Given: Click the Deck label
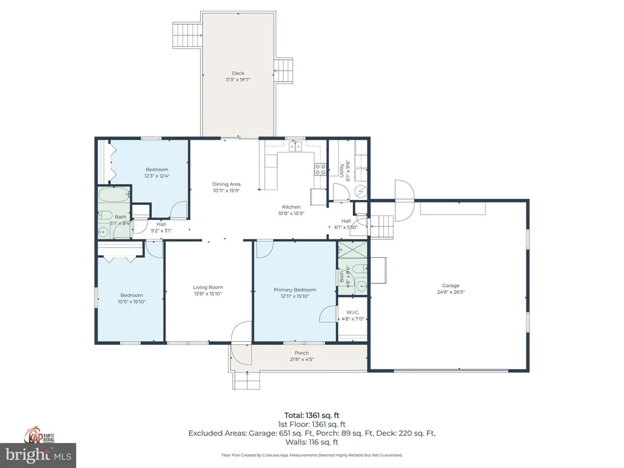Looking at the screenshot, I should click(x=238, y=73).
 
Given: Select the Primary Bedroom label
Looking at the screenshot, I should click(x=295, y=289).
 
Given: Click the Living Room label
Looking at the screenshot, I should click(x=208, y=287).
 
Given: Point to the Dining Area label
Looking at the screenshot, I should click(x=226, y=184).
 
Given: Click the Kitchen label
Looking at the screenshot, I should click(x=291, y=207).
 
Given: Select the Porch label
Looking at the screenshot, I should click(x=302, y=353).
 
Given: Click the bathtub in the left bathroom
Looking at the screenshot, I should click(x=113, y=196).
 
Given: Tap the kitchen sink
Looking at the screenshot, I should click(x=296, y=146).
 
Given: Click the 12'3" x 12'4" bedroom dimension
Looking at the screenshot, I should click(x=157, y=176).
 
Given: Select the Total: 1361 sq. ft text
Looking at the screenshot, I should click(x=311, y=415).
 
